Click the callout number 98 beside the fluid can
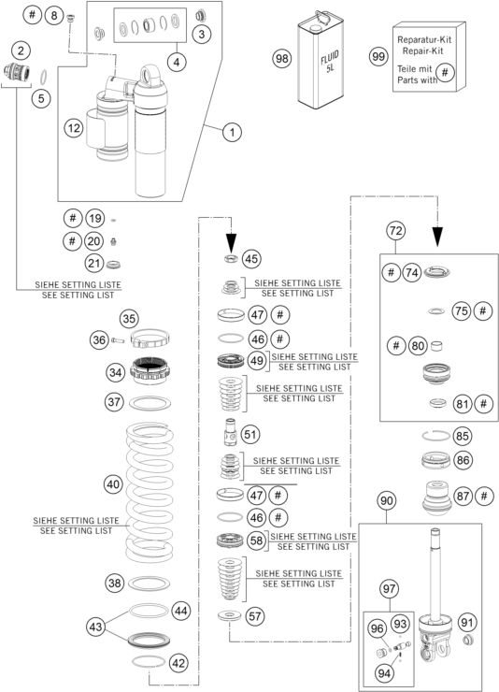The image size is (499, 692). pos(281,58)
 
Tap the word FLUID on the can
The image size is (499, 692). pos(330,57)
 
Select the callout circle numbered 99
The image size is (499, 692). pos(378,56)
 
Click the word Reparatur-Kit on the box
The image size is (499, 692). pos(424,39)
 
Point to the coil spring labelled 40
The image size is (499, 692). pos(150,492)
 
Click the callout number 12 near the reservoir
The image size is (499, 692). pos(74,128)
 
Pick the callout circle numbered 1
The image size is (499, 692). pos(232,132)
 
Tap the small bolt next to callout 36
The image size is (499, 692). pos(118,340)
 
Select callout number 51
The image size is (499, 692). pos(249,434)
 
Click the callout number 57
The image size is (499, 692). pos(255,616)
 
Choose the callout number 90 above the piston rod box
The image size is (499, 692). pos(386,501)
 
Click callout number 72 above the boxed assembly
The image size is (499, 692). pos(395,230)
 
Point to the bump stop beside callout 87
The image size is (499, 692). pos(436,497)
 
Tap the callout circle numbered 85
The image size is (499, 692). pos(462,436)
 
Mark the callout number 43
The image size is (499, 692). pos(95,627)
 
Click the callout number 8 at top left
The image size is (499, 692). pos(54,16)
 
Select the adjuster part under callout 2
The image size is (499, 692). pos(16,71)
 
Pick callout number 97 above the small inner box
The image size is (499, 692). pos(390,589)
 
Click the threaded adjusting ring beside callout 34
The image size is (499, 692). pos(150,369)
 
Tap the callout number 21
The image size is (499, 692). pos(93,264)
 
